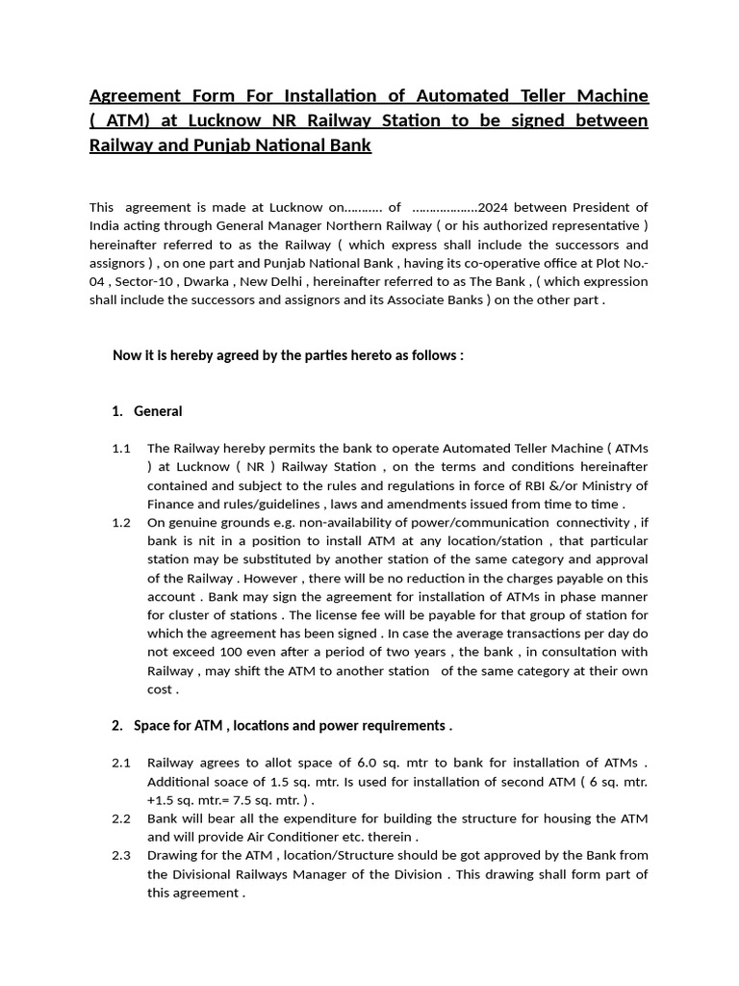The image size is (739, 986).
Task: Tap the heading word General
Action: point(158,411)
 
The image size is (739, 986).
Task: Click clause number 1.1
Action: point(120,449)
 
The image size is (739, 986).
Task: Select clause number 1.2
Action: point(120,523)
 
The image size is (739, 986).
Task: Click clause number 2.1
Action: point(120,763)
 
